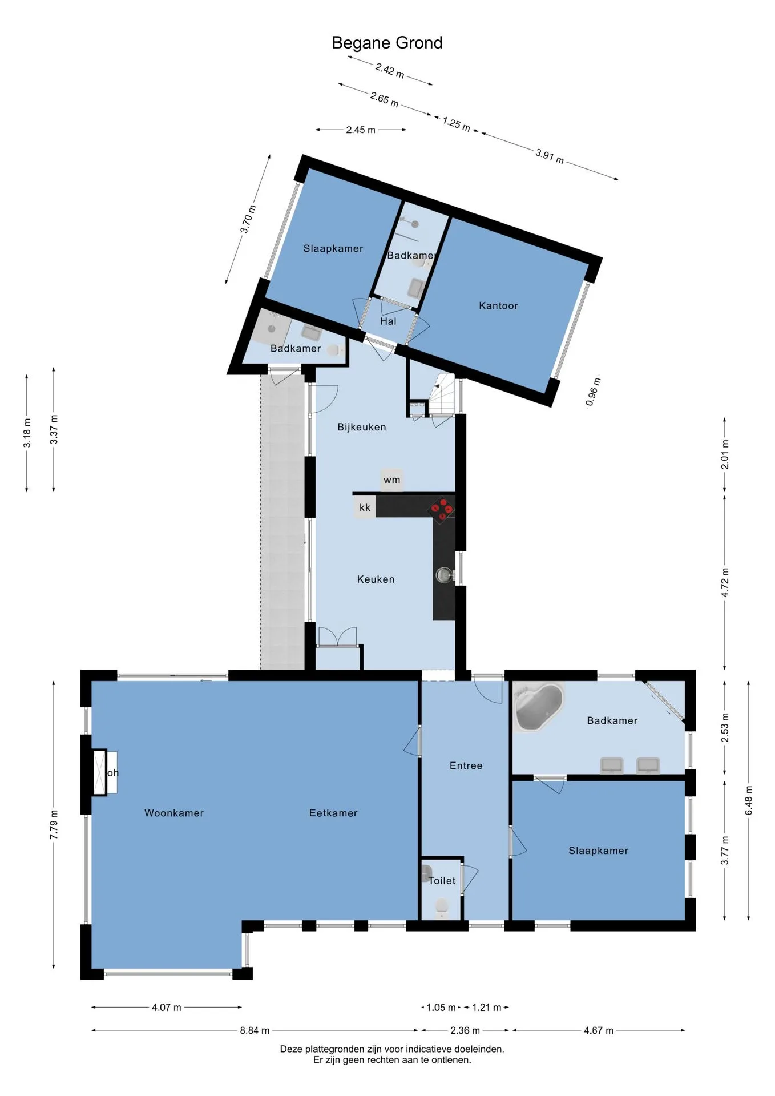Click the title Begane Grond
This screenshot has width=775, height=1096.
[387, 43]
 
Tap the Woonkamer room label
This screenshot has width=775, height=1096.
[174, 813]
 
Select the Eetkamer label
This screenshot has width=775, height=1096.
[333, 813]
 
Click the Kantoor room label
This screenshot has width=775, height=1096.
[498, 305]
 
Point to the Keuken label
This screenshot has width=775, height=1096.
[376, 579]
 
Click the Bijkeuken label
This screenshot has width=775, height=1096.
[361, 427]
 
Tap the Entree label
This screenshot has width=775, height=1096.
[466, 766]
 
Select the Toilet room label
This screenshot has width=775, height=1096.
[442, 881]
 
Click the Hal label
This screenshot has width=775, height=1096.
[388, 321]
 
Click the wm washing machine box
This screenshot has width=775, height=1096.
[391, 480]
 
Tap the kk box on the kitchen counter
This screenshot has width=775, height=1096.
[365, 507]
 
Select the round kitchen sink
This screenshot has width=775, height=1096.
[444, 575]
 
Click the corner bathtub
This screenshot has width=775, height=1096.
[538, 707]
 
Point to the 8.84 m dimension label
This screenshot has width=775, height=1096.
[255, 1030]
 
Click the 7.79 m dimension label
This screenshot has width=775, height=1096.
[54, 824]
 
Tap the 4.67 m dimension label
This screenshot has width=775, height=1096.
[599, 1030]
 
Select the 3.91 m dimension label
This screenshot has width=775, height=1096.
[550, 156]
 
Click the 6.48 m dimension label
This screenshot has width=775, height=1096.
[749, 800]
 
